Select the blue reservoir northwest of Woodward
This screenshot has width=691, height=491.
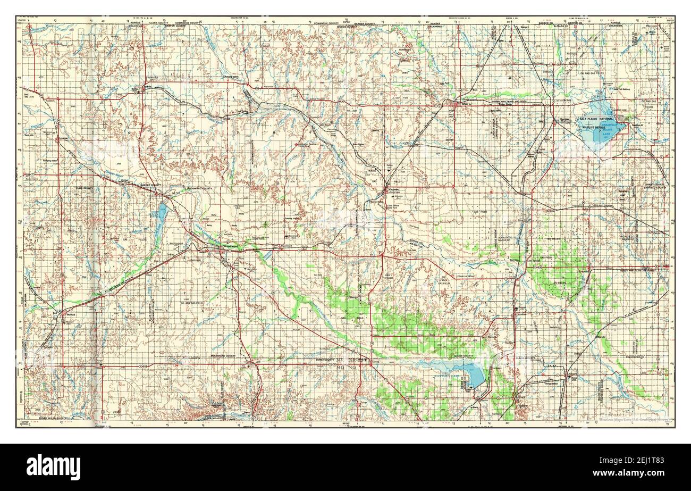[162, 217]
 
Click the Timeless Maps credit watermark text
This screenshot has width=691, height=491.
[635, 420]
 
